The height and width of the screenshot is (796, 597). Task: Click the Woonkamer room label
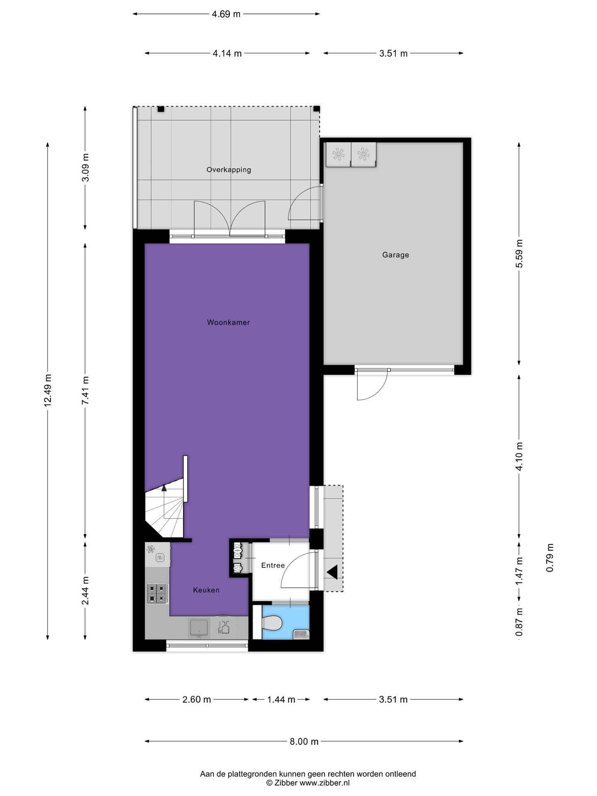pyautogui.click(x=228, y=322)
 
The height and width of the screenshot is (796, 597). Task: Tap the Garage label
pyautogui.click(x=396, y=255)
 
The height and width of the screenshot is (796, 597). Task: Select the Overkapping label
pyautogui.click(x=229, y=170)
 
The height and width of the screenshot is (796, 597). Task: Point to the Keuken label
pyautogui.click(x=206, y=590)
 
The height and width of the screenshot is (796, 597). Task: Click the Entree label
pyautogui.click(x=273, y=565)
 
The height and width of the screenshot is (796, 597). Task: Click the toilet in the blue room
pyautogui.click(x=272, y=622)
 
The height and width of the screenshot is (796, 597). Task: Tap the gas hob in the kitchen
pyautogui.click(x=158, y=593)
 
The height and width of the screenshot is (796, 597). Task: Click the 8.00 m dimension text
pyautogui.click(x=304, y=741)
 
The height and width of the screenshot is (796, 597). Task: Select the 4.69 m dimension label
pyautogui.click(x=226, y=14)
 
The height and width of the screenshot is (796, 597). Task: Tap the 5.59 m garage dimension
pyautogui.click(x=519, y=253)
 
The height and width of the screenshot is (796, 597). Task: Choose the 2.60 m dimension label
pyautogui.click(x=197, y=699)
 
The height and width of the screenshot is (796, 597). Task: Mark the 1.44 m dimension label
pyautogui.click(x=281, y=699)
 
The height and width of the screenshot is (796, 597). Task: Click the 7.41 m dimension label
pyautogui.click(x=85, y=390)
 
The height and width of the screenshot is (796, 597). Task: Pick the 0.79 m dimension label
pyautogui.click(x=550, y=558)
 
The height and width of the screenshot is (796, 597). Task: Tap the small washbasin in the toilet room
pyautogui.click(x=300, y=634)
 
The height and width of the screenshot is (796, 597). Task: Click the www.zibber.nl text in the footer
pyautogui.click(x=325, y=783)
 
